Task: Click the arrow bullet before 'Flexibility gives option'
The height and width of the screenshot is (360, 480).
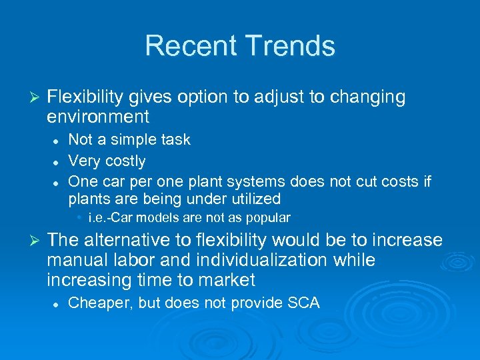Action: (x=37, y=97)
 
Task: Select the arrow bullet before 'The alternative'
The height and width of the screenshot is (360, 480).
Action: (x=37, y=241)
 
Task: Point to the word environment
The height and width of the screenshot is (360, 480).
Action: (x=98, y=117)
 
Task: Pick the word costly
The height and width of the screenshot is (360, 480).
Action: (x=126, y=161)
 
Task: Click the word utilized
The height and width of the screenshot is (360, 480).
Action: (x=255, y=199)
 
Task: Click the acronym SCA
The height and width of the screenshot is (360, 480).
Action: (x=304, y=303)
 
